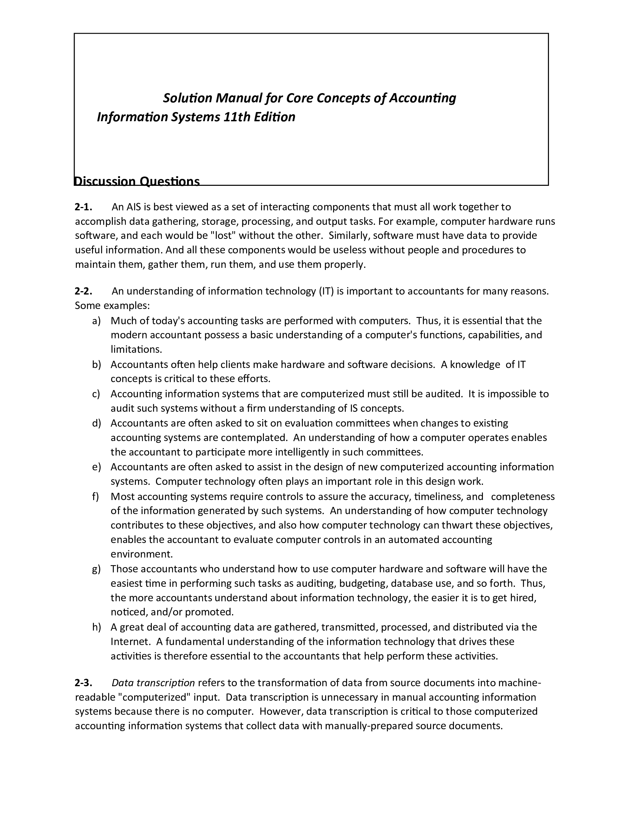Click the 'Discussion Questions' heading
point(137,181)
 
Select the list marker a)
point(97,320)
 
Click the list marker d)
point(97,423)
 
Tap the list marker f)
point(96,496)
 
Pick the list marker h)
point(97,627)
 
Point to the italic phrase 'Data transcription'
point(153,683)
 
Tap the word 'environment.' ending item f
point(142,554)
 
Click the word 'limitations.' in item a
point(137,349)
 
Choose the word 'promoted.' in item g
point(209,612)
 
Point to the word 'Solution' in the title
point(188,98)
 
